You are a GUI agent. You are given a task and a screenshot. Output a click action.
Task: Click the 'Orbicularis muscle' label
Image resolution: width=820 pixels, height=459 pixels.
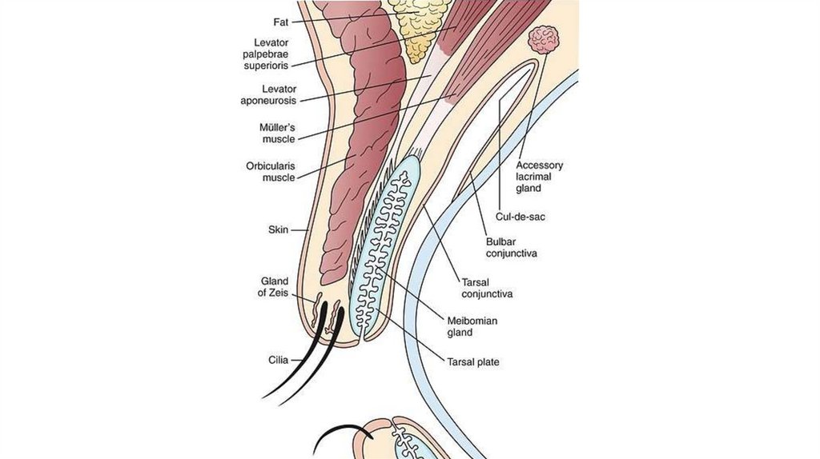coord(270,172)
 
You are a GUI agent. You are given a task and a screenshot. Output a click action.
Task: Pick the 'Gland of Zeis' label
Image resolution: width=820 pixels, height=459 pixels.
coord(275,286)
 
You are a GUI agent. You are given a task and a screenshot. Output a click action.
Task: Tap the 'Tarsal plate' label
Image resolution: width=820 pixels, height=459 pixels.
coord(472,362)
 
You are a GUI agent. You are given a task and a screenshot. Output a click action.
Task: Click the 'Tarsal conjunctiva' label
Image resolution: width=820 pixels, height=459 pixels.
coord(485,288)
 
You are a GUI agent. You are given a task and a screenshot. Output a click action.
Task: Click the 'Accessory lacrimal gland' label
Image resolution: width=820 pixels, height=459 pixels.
coord(539,177)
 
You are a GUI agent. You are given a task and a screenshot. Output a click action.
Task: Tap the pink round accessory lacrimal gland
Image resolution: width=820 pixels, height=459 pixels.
coord(544,39)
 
